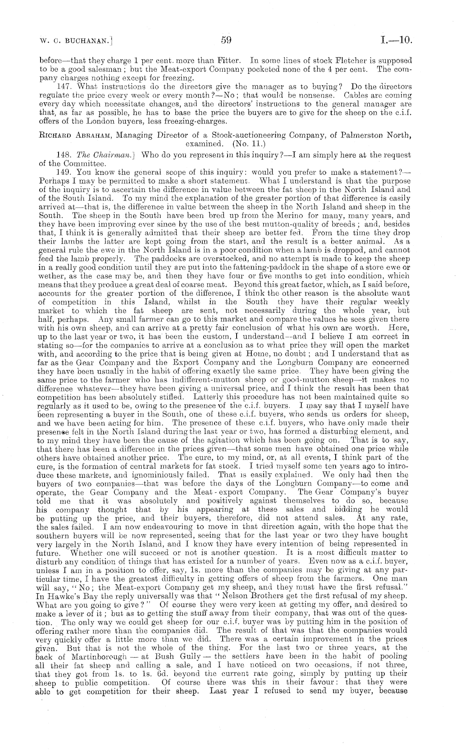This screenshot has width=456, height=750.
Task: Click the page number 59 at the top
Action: (226, 40)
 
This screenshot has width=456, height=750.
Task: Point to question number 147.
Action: (67, 87)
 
